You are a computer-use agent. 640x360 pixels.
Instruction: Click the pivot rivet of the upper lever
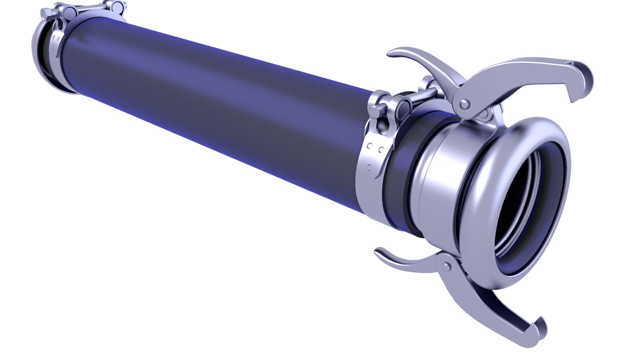(462, 104)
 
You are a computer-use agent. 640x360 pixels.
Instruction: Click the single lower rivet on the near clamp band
(369, 167)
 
